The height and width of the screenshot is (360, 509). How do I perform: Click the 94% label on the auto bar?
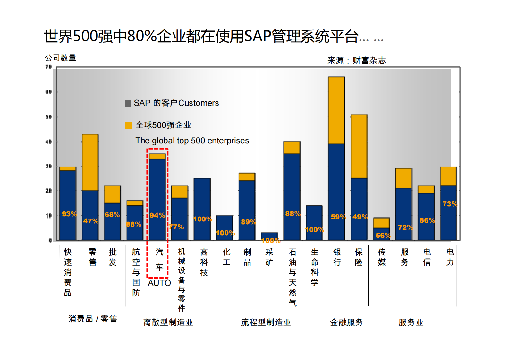[x=157, y=215]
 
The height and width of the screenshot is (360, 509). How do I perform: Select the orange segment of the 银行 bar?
[x=336, y=110]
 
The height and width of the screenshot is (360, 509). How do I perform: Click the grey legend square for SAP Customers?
[x=128, y=103]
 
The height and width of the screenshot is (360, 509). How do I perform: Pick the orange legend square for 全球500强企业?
[x=128, y=125]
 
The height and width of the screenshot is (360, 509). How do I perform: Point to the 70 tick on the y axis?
[x=48, y=67]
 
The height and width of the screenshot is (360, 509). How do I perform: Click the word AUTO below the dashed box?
[x=159, y=283]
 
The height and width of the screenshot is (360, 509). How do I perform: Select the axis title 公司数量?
[x=60, y=58]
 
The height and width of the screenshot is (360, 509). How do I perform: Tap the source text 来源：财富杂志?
[x=356, y=60]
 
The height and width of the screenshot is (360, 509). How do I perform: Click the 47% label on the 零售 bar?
[x=91, y=221]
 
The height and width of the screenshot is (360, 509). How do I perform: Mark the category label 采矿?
[x=269, y=257]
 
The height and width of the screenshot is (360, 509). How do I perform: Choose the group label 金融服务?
[x=346, y=322]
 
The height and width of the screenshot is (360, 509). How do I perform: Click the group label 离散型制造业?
[x=168, y=322]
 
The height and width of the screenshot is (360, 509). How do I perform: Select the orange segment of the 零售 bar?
[x=90, y=162]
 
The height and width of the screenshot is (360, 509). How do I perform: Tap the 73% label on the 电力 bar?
[x=449, y=204]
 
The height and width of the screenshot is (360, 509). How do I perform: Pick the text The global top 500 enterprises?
[x=192, y=141]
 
